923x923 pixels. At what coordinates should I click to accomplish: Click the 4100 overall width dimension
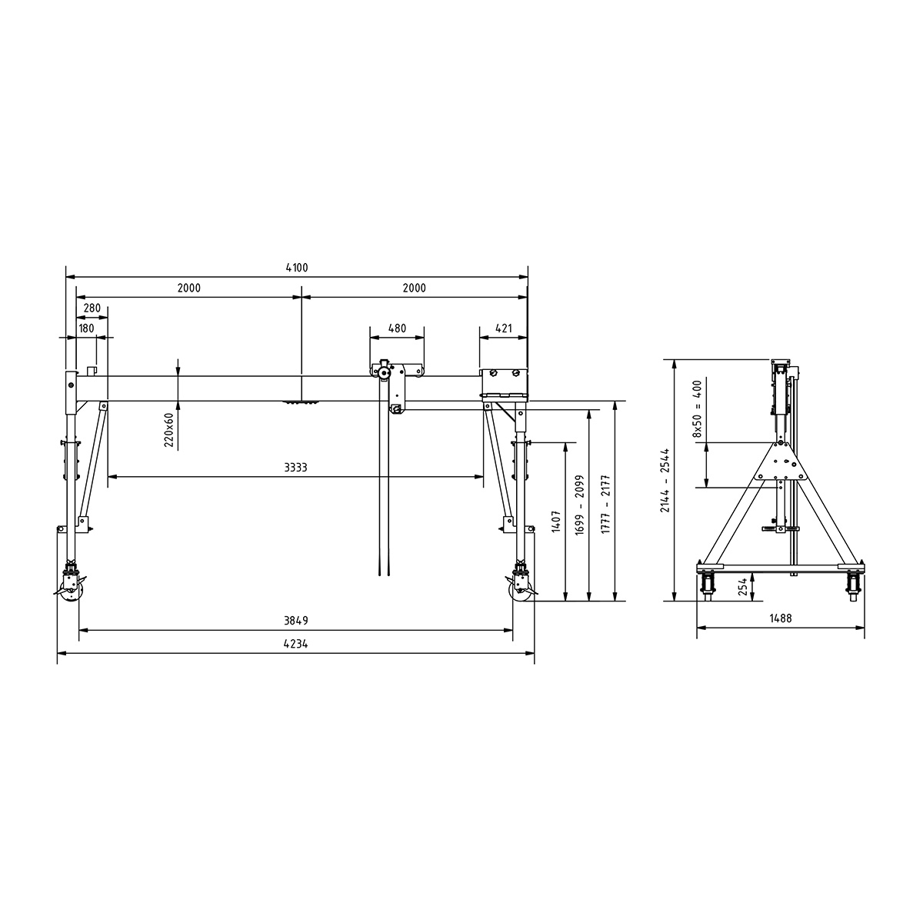[296, 268]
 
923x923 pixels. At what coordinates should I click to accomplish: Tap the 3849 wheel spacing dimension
[295, 621]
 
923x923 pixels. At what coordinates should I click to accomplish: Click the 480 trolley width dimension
[396, 328]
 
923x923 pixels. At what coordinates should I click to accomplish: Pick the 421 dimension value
[504, 328]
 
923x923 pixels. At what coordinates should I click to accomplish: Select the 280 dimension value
[92, 308]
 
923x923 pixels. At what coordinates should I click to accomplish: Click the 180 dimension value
[85, 328]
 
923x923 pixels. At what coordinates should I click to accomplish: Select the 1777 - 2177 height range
[605, 499]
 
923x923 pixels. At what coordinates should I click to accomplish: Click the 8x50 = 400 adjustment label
[697, 408]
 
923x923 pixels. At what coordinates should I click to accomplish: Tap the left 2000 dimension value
[188, 288]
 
